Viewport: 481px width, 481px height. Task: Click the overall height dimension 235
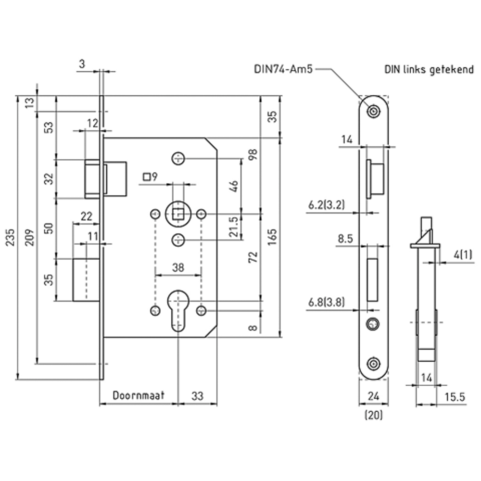tap(11, 237)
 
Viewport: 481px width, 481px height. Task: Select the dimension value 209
tap(29, 237)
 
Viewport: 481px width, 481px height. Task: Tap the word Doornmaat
tap(139, 395)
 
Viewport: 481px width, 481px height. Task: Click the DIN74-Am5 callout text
tap(283, 69)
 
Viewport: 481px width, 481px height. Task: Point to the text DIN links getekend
tap(429, 70)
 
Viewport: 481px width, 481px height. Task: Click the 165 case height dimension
tap(272, 237)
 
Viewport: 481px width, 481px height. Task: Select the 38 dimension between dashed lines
tap(178, 267)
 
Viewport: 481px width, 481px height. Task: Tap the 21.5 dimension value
tap(234, 227)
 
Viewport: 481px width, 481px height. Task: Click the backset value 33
tap(198, 396)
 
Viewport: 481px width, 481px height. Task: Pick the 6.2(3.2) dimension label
tap(327, 204)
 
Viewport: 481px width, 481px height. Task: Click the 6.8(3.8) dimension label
tap(327, 303)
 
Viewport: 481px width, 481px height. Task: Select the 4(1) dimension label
tap(463, 255)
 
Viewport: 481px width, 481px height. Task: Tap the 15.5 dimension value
tap(455, 397)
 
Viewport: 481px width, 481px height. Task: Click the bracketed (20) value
tap(373, 416)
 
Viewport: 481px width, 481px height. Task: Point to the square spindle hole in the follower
tap(178, 214)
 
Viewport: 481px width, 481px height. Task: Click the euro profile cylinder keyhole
tap(178, 310)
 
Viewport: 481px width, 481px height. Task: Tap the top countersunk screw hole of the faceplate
tap(373, 112)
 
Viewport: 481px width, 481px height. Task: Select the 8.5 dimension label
tap(345, 239)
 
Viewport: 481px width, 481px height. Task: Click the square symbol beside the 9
tap(147, 177)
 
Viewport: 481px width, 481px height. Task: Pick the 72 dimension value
tap(253, 257)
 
